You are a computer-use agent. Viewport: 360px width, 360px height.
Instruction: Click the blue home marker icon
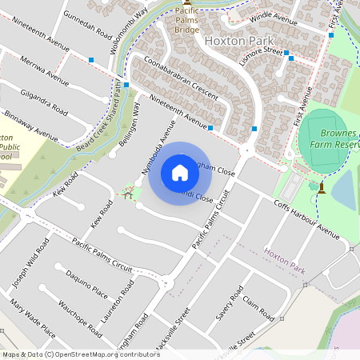(180, 173)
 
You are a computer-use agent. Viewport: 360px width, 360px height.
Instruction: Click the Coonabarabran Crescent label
(181, 78)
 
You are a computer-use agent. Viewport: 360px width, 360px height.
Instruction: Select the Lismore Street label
(262, 50)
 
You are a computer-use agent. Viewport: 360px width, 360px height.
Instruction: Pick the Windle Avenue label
(273, 15)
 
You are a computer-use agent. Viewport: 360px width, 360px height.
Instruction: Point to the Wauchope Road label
(80, 318)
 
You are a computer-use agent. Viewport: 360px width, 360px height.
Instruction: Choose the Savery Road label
(229, 306)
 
